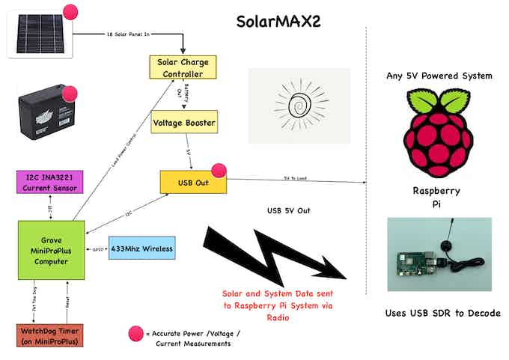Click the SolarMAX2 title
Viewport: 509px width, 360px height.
pos(278,20)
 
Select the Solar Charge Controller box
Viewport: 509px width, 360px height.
pos(181,67)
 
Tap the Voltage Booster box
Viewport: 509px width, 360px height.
pos(184,121)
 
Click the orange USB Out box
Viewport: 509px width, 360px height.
pos(192,182)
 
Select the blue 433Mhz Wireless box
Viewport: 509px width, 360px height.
pos(142,248)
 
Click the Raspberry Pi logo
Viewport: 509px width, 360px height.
pos(437,132)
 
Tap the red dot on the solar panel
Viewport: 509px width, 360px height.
pos(71,12)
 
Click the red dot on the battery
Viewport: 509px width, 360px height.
pos(70,94)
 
